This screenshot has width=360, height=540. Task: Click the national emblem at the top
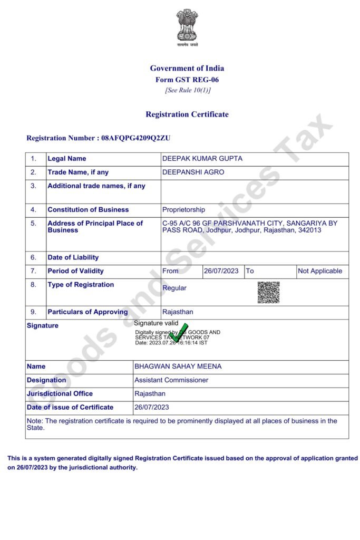tap(187, 26)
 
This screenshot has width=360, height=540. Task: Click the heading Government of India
tap(187, 68)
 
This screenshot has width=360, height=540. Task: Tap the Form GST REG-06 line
tap(187, 80)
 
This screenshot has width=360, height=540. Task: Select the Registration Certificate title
tap(187, 114)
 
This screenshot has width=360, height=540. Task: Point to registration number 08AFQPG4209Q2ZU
tap(135, 138)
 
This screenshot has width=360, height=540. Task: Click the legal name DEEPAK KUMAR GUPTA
tap(202, 159)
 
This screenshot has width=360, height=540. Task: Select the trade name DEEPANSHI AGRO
tap(193, 172)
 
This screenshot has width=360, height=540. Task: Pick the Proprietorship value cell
tap(183, 210)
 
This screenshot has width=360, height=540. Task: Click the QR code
tap(268, 292)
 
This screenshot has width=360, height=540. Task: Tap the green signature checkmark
tap(179, 333)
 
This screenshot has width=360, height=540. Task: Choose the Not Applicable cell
tap(320, 271)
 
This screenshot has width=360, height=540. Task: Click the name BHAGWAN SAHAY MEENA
tap(178, 367)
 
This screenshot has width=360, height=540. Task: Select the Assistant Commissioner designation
tap(171, 380)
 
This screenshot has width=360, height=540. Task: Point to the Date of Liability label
tap(73, 258)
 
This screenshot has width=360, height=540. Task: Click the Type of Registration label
tap(81, 285)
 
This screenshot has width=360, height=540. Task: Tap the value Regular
tap(174, 288)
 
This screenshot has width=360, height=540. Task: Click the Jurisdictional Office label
tap(60, 394)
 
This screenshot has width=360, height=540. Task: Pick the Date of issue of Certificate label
tap(70, 407)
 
